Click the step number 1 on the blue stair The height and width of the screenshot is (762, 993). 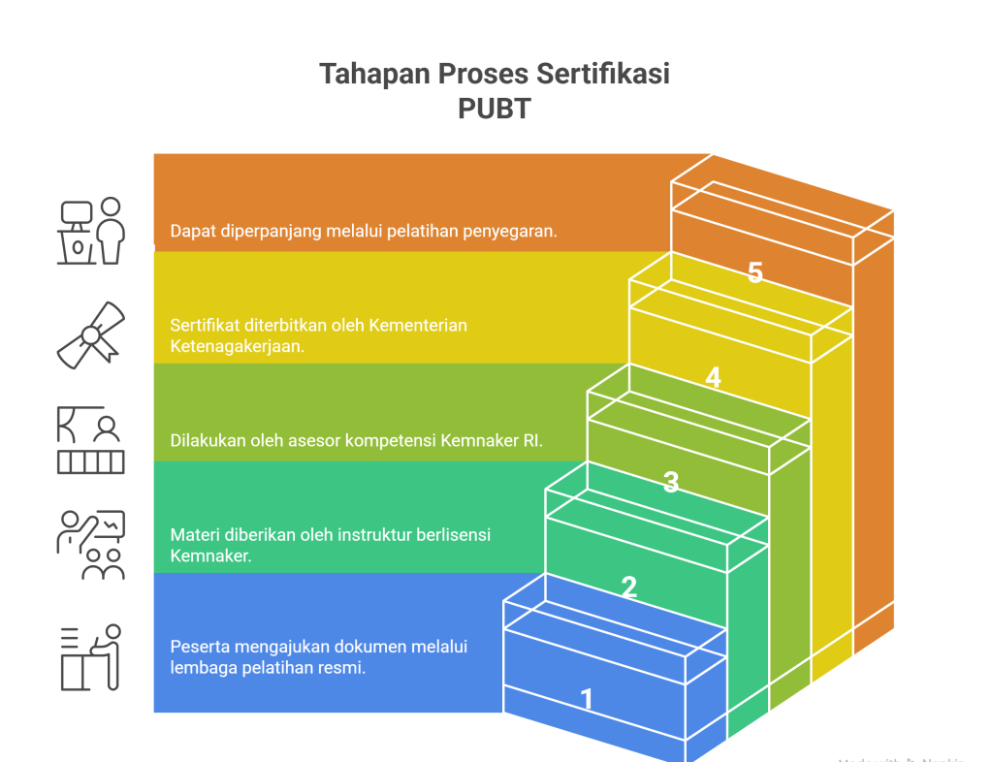pyautogui.click(x=586, y=698)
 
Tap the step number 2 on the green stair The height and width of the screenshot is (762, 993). pyautogui.click(x=628, y=587)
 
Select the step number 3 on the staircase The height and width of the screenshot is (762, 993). pyautogui.click(x=670, y=482)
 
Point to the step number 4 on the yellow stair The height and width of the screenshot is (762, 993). pyautogui.click(x=713, y=377)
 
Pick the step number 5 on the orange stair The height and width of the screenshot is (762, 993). pyautogui.click(x=755, y=272)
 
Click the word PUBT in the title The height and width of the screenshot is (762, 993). pyautogui.click(x=495, y=108)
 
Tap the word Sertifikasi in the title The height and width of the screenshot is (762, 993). pyautogui.click(x=605, y=74)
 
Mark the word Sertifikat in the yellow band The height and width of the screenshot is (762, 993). pyautogui.click(x=207, y=325)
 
